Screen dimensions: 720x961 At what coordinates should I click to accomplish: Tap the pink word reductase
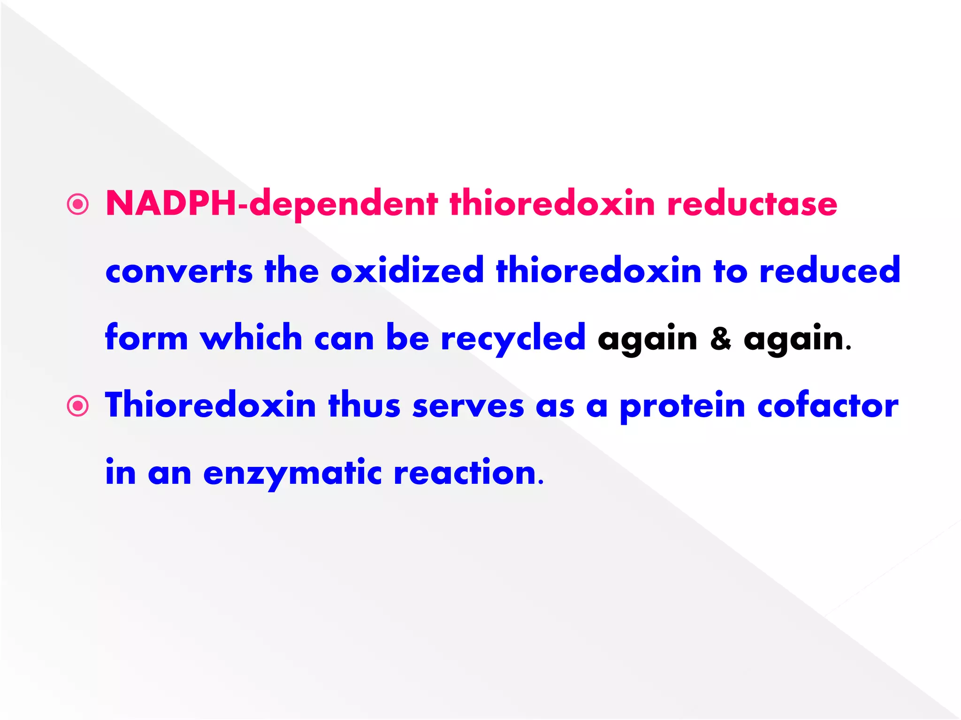[x=752, y=204]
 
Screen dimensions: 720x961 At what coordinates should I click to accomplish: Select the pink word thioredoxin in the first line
[x=552, y=204]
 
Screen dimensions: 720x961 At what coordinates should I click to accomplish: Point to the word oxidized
[x=407, y=271]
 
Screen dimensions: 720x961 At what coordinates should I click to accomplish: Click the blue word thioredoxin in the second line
[x=598, y=271]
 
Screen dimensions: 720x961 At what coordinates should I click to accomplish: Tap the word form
[x=146, y=337]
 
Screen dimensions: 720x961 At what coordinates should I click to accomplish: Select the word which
[x=251, y=337]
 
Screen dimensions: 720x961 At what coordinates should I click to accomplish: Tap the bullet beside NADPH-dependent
[x=78, y=204]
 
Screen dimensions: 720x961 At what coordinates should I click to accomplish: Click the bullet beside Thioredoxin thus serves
[x=78, y=406]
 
